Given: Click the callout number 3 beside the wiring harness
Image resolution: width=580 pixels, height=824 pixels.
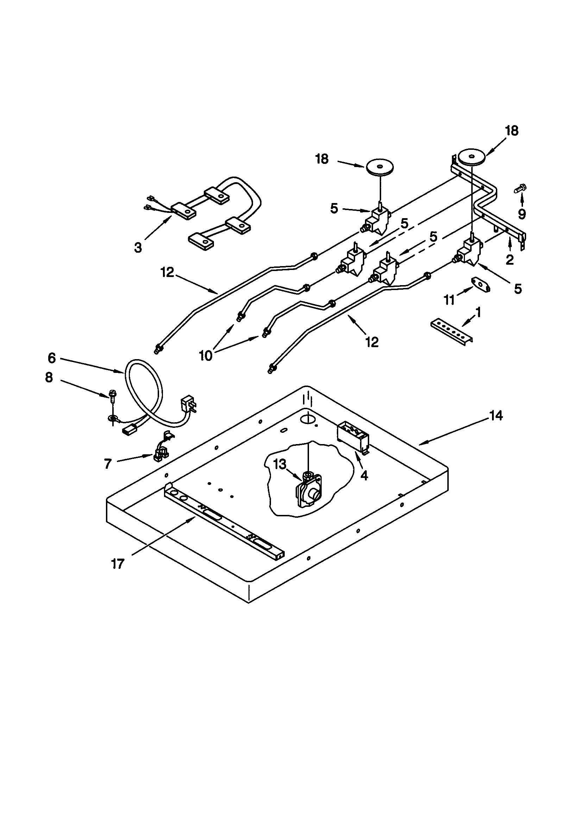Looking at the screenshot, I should coord(138,247).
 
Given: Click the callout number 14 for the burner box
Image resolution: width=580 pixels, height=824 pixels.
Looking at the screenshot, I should coord(496,416).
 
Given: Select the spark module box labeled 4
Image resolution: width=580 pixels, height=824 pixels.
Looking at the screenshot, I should coord(353,435).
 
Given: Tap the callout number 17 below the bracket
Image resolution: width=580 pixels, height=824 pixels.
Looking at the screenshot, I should coord(118,564).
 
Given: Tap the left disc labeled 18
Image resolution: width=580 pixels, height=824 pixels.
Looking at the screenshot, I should coord(380,168).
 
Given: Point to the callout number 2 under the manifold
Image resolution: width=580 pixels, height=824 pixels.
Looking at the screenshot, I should coord(509,259).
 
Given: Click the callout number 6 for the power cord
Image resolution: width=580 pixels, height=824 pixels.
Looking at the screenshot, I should coord(52,358).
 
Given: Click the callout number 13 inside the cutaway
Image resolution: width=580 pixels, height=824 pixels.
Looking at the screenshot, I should coord(280,465).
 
